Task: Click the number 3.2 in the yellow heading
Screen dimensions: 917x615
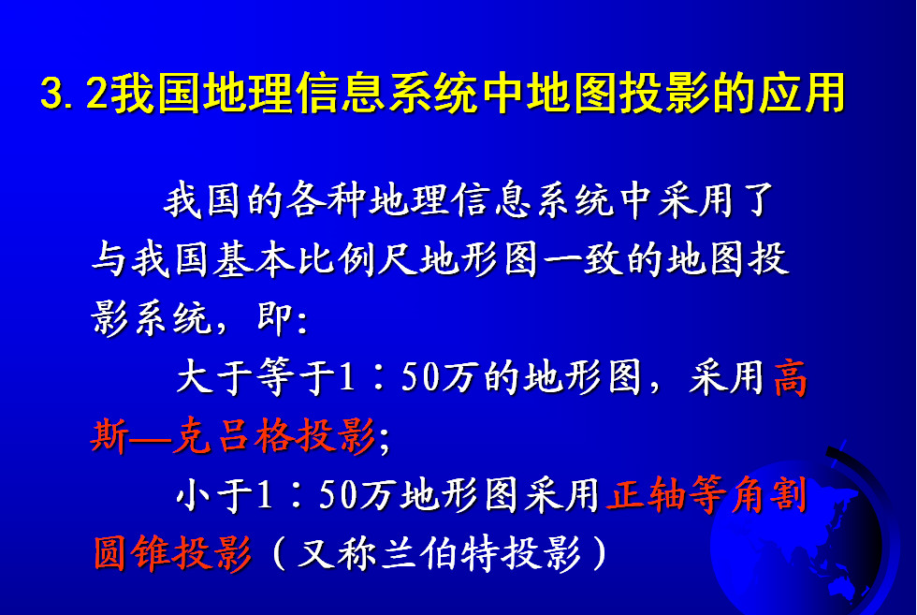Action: point(74,94)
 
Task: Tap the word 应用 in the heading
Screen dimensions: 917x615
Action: point(803,93)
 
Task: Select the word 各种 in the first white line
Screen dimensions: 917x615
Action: point(326,199)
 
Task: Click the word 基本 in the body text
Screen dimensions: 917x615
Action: point(254,259)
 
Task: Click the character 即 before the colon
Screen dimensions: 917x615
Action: point(274,319)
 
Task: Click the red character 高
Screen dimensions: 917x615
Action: point(791,377)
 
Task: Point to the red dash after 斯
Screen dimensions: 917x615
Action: point(150,437)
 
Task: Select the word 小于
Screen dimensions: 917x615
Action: point(215,494)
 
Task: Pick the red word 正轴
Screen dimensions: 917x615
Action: point(647,494)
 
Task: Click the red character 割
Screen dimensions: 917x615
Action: point(788,494)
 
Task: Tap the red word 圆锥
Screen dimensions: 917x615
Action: point(132,553)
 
